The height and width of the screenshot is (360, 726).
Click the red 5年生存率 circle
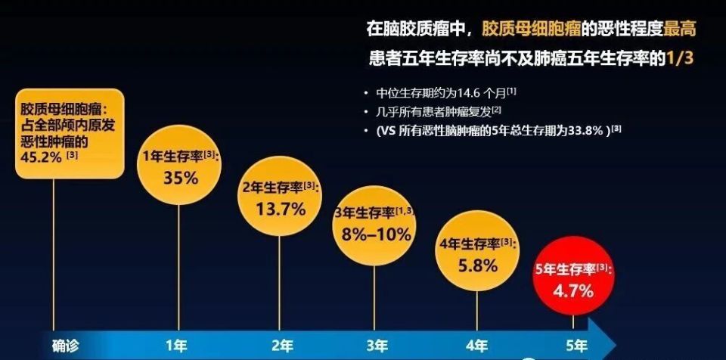[x=573, y=277]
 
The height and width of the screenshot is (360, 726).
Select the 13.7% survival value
[x=280, y=209]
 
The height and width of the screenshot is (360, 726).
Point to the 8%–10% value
[x=377, y=234]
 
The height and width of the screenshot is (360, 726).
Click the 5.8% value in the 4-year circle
[x=477, y=265]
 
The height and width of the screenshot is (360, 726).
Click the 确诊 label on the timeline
[x=65, y=346]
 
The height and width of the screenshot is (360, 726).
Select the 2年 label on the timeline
[x=282, y=346]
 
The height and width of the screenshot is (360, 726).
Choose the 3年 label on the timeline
[x=377, y=346]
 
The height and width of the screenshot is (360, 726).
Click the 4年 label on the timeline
[x=476, y=346]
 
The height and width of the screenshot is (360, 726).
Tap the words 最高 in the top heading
[x=681, y=29]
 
